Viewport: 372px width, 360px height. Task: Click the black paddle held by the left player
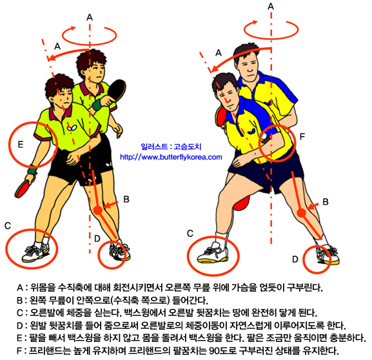click(x=117, y=90)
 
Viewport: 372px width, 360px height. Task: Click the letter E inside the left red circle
click(x=21, y=144)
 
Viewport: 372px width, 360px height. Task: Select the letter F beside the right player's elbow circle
click(x=302, y=137)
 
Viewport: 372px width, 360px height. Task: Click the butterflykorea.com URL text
click(x=171, y=157)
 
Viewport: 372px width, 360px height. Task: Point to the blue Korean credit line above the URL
click(x=171, y=146)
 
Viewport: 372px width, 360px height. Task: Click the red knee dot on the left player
click(x=97, y=210)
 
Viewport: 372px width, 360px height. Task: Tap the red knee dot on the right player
click(x=301, y=213)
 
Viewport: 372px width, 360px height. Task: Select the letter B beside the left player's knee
click(x=126, y=199)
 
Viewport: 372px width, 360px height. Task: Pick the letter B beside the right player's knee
click(x=326, y=202)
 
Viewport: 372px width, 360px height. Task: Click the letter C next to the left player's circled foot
click(x=8, y=226)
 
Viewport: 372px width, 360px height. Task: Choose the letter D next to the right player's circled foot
click(x=295, y=259)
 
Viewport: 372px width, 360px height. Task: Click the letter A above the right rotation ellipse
click(x=271, y=6)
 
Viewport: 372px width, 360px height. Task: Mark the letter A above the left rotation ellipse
click(x=90, y=17)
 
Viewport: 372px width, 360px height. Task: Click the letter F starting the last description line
click(x=19, y=350)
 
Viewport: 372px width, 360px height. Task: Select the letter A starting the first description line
click(x=20, y=288)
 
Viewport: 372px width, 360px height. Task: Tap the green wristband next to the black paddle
click(x=97, y=105)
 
